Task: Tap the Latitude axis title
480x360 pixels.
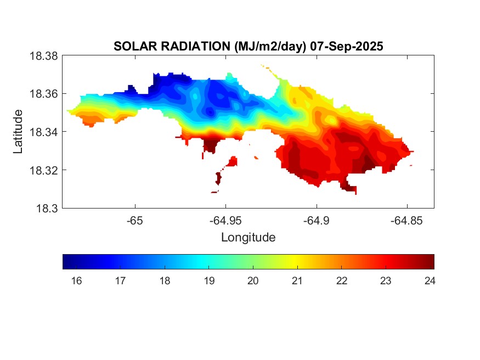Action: pos(18,132)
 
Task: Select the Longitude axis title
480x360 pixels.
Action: pos(248,238)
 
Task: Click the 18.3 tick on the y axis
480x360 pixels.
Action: pos(48,208)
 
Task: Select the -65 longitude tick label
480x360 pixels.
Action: pos(134,220)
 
